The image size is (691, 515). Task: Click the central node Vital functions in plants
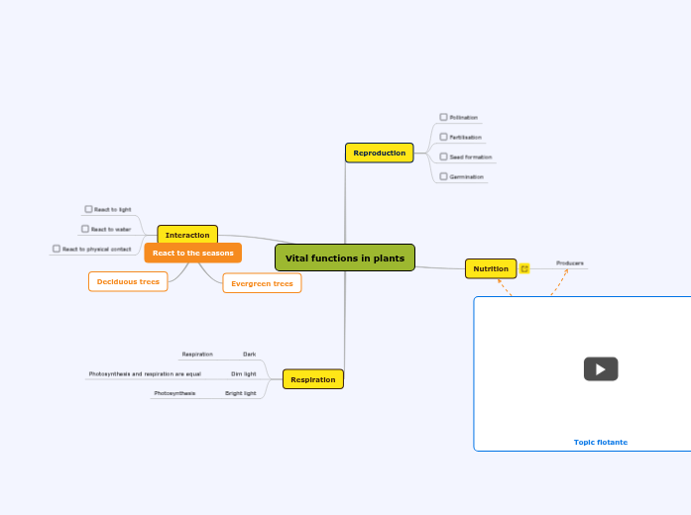[x=344, y=257]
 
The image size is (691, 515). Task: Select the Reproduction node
[x=379, y=153]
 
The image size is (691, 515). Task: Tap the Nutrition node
[x=491, y=268]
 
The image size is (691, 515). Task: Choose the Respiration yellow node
[x=313, y=379]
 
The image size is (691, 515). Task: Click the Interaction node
[x=187, y=235]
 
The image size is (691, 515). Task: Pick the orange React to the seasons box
[x=192, y=253]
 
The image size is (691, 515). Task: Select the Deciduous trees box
[x=128, y=281]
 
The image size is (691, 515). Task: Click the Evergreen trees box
[x=262, y=283]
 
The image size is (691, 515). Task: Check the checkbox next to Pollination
[x=443, y=117]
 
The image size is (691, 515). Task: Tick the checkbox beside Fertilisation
[x=443, y=137]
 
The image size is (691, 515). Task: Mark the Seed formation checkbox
[x=443, y=156]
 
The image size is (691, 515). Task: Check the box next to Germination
[x=443, y=176]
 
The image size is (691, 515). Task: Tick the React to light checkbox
[x=88, y=209]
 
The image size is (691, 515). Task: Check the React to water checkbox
[x=85, y=229]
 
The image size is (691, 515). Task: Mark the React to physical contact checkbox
[x=57, y=249]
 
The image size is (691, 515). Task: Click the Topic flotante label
[x=600, y=442]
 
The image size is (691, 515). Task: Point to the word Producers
[x=569, y=262]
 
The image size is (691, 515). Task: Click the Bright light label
[x=240, y=393]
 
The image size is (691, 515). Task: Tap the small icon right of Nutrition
[x=524, y=268]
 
